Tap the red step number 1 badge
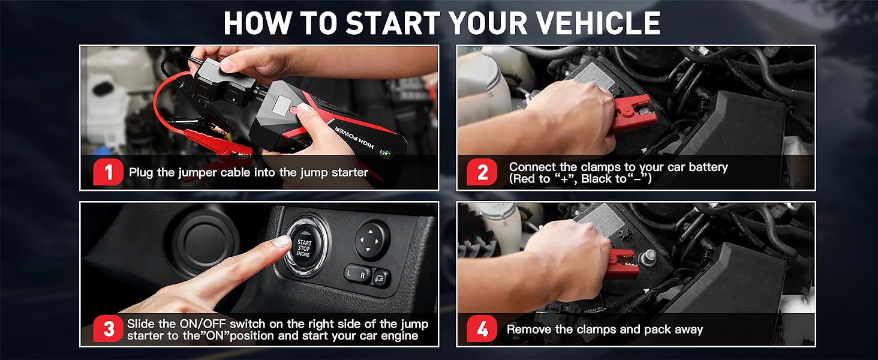109,173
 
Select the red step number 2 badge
482,173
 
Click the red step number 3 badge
109,329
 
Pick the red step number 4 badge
482,329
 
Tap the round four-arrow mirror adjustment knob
372,239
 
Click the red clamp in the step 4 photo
622,264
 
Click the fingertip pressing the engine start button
282,241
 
